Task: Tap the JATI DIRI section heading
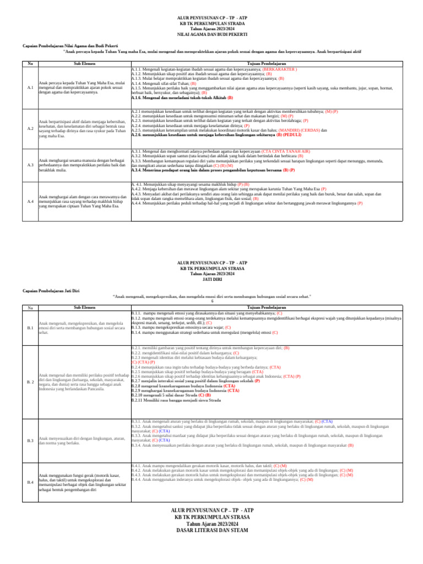tap(212, 278)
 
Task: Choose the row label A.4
tap(30, 200)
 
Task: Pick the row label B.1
tap(30, 328)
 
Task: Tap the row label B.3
tap(30, 441)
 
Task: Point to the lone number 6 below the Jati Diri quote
tap(212, 301)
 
